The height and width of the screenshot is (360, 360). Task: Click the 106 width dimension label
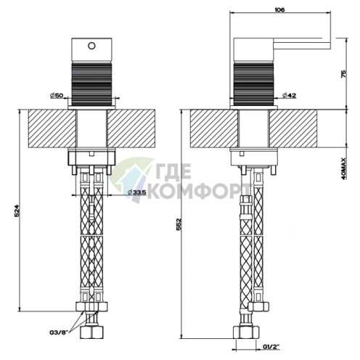click(x=280, y=10)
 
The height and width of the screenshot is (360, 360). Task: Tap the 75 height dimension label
click(x=343, y=73)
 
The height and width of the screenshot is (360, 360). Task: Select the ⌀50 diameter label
click(x=57, y=95)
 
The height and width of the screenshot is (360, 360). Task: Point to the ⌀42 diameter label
click(x=290, y=95)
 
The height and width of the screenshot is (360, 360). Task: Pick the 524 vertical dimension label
click(x=17, y=212)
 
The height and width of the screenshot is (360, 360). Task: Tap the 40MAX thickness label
click(x=343, y=168)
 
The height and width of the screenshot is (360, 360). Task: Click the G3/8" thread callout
click(x=59, y=332)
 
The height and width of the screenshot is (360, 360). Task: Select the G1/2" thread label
click(x=271, y=347)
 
